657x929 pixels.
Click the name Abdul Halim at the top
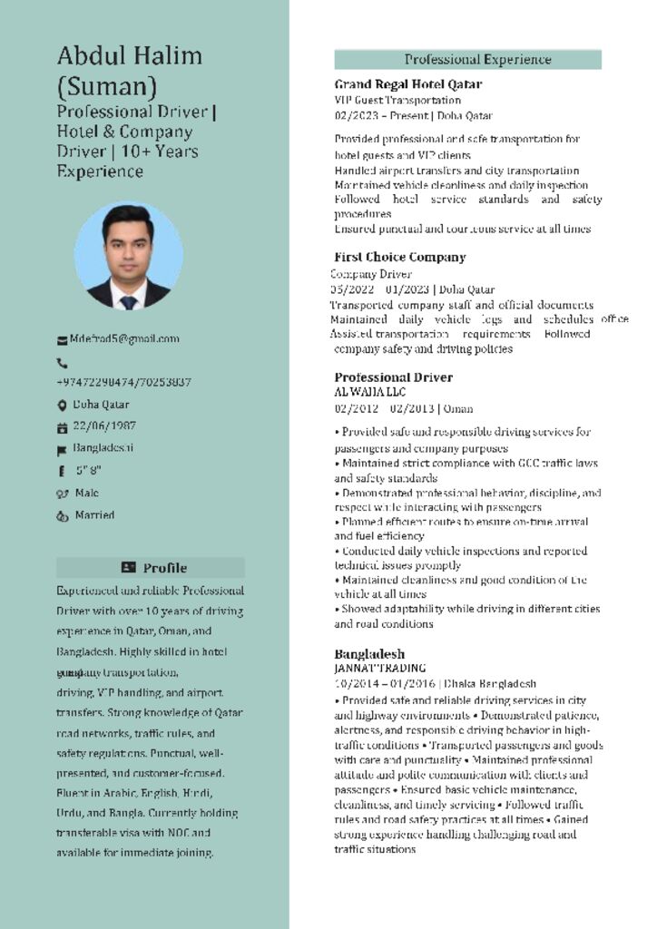(130, 55)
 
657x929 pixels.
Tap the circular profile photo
(128, 256)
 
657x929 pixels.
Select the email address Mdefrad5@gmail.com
(124, 338)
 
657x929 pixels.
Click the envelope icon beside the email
(63, 339)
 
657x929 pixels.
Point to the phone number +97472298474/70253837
(123, 382)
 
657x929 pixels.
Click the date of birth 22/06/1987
(104, 425)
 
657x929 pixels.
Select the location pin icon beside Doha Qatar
(62, 405)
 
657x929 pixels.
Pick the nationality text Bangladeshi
(103, 447)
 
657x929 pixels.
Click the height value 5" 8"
(88, 470)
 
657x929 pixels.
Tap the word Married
(95, 514)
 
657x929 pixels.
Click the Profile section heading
(164, 568)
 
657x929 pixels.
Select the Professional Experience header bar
(467, 60)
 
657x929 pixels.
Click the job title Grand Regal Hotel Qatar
(407, 84)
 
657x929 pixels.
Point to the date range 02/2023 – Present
(380, 115)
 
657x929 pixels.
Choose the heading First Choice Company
(399, 257)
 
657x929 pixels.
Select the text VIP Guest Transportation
(397, 100)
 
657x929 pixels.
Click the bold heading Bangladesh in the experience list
(369, 653)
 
